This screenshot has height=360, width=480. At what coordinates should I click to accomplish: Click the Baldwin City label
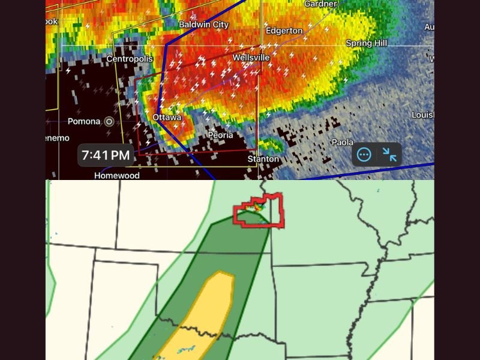pos(204,25)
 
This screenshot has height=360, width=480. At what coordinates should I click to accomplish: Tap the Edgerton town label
pos(284,31)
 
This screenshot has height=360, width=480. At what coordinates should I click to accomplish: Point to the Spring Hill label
pos(367,43)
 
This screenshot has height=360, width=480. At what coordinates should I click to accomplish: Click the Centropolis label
pos(130,59)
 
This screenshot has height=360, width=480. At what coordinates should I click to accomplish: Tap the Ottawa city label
pos(167,118)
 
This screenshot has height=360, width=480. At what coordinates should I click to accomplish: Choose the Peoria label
pos(220,135)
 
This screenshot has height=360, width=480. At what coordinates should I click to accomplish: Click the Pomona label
pos(84,121)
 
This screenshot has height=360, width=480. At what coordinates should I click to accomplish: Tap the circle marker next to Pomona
pos(109,121)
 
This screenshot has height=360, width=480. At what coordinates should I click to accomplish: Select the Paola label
pos(343,142)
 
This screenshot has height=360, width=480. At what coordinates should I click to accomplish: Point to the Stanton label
pos(263,159)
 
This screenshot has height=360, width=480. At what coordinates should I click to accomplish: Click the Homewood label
pos(117,175)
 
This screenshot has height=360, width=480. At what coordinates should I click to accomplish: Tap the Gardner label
pos(320,4)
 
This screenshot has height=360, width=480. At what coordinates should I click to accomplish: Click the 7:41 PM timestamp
pos(106,155)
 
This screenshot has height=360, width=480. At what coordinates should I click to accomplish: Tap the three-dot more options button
pos(364,155)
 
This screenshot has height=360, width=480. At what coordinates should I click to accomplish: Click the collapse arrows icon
pos(389,155)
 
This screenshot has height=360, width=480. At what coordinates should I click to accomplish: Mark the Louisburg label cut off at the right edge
pos(422,115)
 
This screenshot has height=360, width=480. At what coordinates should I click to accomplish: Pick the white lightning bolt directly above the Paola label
pos(346,80)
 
